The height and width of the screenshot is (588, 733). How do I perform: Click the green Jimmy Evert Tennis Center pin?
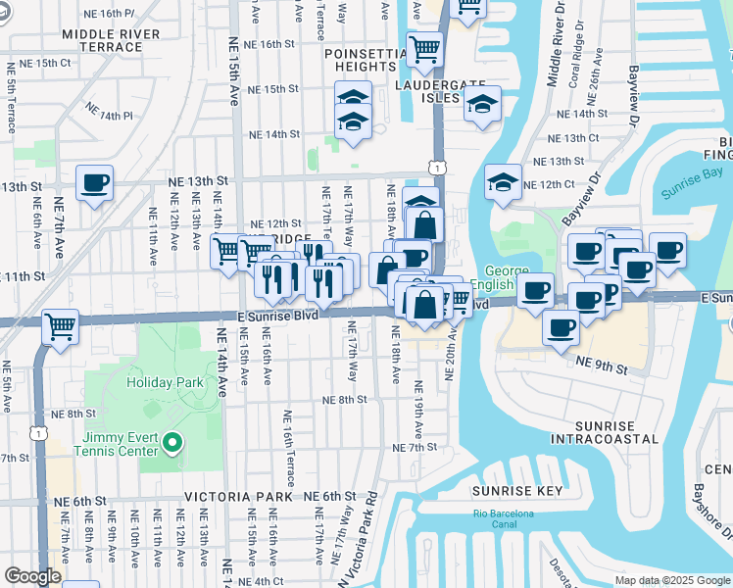pos(172,445)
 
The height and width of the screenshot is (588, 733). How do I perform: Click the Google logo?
pos(31,576)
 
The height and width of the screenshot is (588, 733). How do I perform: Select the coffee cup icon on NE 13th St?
pos(94,183)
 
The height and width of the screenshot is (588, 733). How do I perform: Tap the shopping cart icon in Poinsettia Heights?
pos(424,48)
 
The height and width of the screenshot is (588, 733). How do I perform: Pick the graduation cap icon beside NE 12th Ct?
pos(503,182)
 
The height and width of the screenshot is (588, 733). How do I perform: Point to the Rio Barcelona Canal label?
pos(505,519)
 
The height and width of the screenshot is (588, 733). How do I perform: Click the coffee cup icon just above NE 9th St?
pos(562,327)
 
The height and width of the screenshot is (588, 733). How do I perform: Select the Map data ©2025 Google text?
pos(672,580)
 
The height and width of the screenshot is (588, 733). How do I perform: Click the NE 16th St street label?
pos(270,44)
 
